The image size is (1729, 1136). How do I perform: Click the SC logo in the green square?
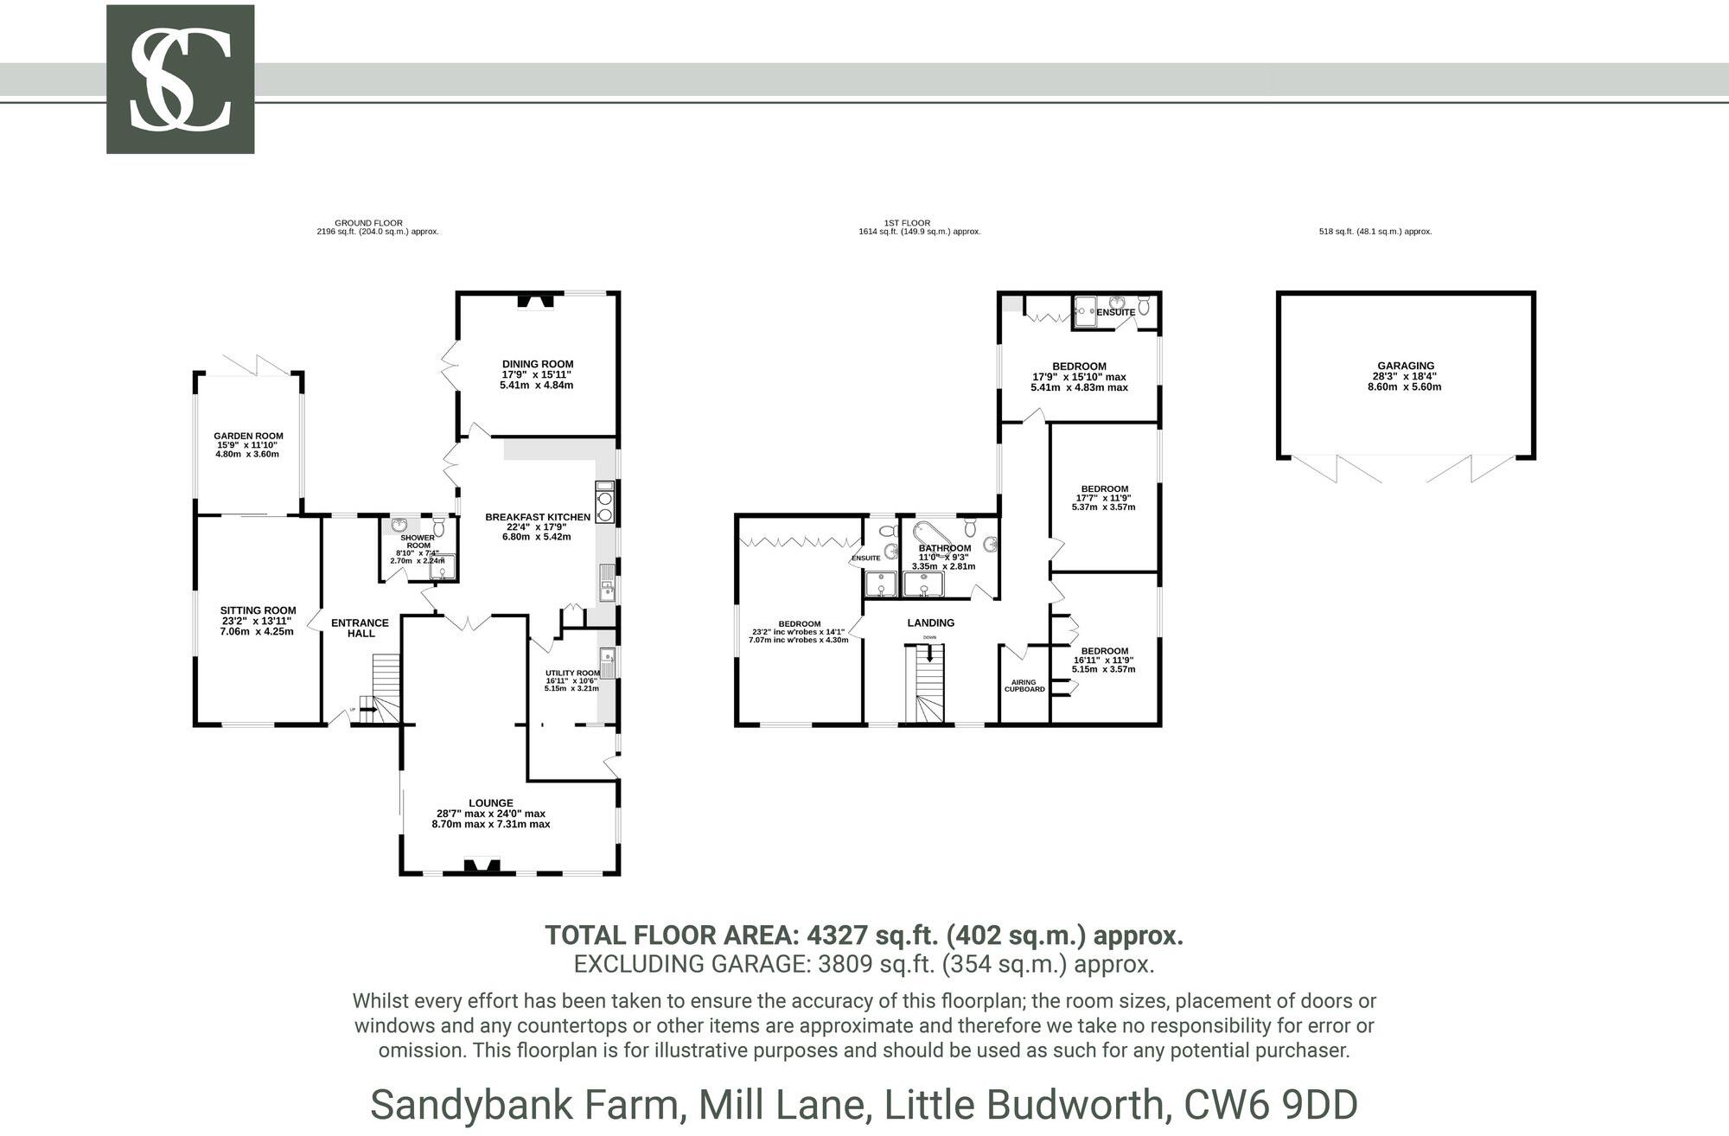(x=180, y=80)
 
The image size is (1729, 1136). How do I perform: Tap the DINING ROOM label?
(x=538, y=364)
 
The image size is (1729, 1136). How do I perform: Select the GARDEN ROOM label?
(x=248, y=437)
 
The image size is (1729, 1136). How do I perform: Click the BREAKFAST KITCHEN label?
(x=537, y=517)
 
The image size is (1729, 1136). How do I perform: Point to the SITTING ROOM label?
(x=258, y=610)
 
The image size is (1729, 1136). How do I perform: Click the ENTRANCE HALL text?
(x=360, y=628)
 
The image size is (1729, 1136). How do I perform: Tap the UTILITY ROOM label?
(x=572, y=673)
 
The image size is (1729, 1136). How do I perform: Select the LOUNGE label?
(x=491, y=803)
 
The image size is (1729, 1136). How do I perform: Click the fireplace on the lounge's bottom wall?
(x=482, y=866)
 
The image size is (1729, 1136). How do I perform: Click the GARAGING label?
(x=1406, y=366)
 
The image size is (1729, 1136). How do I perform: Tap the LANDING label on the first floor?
(x=930, y=622)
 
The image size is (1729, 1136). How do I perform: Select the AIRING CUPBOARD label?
(x=1024, y=686)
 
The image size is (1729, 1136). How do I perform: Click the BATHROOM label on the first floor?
(x=944, y=548)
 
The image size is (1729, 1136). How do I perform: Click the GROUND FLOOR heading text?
(x=368, y=223)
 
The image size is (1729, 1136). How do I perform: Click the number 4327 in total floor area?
(x=837, y=935)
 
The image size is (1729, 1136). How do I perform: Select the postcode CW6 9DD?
(x=1271, y=1105)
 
